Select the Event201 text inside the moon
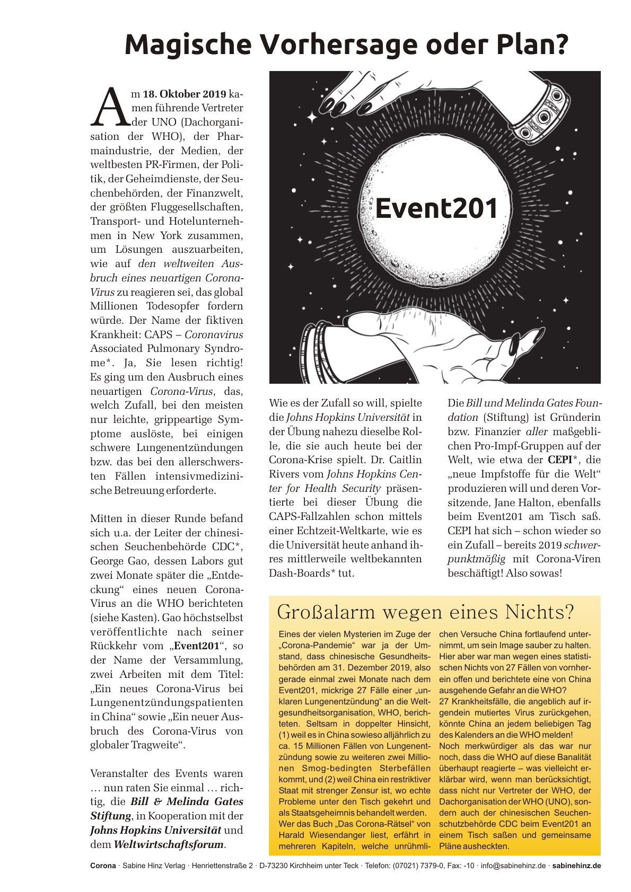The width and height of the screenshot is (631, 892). pyautogui.click(x=436, y=208)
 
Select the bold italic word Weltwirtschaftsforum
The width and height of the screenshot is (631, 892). pyautogui.click(x=169, y=844)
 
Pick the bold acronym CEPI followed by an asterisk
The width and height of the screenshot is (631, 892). pyautogui.click(x=563, y=460)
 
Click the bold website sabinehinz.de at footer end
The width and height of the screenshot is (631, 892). pyautogui.click(x=576, y=865)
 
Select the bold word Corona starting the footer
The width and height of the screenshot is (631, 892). pyautogui.click(x=102, y=865)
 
